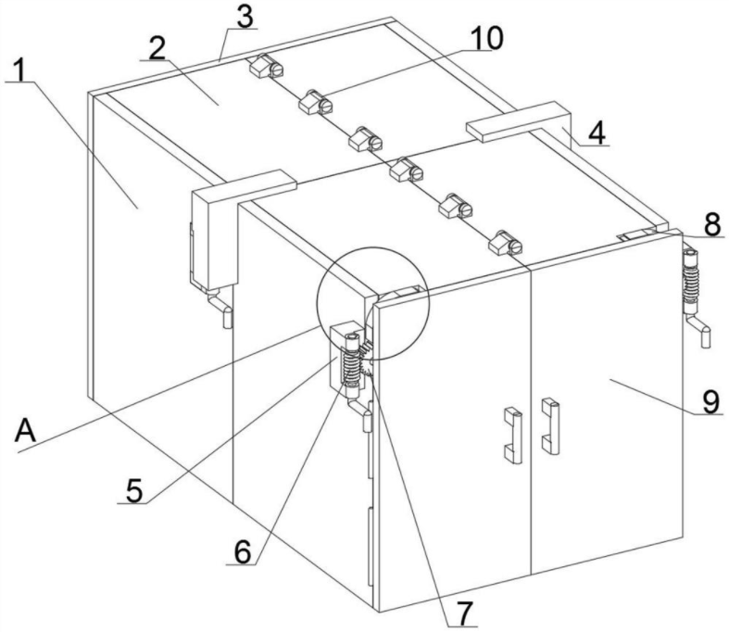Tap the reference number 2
pos(157,48)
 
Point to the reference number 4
pos(597,133)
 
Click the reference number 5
pos(134,491)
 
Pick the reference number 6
pos(242,552)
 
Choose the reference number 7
pos(464,613)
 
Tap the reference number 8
pos(712,225)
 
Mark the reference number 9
pos(711,401)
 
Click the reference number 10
pos(486,38)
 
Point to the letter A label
pos(25,430)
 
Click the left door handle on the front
pos(513,436)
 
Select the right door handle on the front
pos(550,426)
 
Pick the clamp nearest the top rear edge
pos(267,66)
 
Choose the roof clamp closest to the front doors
pos(505,242)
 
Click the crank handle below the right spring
pos(698,329)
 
